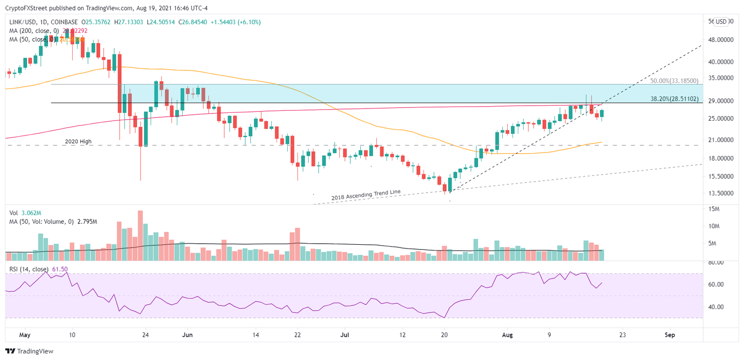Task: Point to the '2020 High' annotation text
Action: coord(78,141)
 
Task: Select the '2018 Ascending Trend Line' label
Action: coord(366,195)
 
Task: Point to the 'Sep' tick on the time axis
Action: coord(670,335)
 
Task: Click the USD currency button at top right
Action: coord(721,22)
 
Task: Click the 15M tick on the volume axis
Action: coord(713,209)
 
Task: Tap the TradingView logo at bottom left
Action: coord(29,351)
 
